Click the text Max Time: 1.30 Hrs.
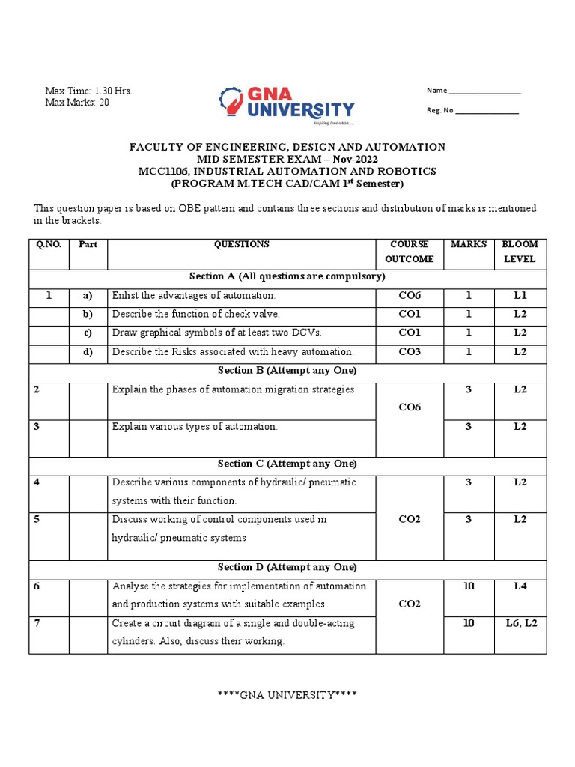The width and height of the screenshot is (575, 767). coord(88,91)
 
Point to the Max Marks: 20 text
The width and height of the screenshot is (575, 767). coord(77,103)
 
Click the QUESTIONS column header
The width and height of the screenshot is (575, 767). coord(241,245)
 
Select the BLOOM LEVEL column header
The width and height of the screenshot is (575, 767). coord(520,252)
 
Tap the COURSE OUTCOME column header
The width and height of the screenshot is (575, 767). coord(409,252)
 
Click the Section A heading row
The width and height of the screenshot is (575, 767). coord(287,277)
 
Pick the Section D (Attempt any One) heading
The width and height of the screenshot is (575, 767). coord(287,568)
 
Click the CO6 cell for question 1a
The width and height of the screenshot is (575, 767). coord(409,296)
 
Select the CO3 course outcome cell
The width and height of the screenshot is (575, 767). coord(409,352)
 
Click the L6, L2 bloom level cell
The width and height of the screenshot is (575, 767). coord(520,624)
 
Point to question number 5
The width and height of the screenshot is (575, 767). coord(37,520)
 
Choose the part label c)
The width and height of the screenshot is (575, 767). coord(87,333)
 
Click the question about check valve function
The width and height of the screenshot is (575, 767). coord(195,315)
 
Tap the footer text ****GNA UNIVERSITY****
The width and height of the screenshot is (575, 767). coord(287,695)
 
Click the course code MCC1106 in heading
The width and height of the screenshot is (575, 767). coord(165,172)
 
